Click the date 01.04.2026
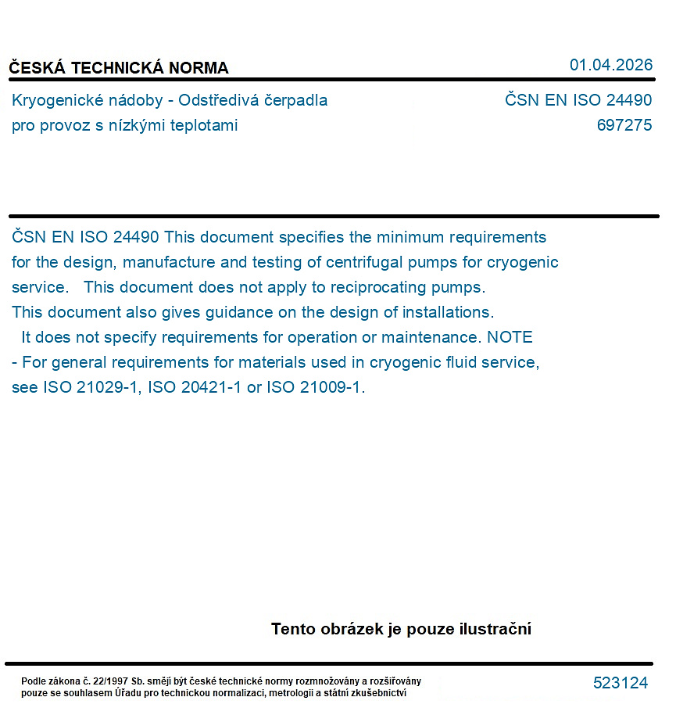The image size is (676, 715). coord(610,65)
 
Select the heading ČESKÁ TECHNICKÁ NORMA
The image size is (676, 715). coord(119,68)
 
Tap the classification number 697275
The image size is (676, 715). coord(624,125)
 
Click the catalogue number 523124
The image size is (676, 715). coord(621,683)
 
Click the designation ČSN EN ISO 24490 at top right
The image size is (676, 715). coord(578,101)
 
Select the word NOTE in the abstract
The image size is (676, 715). coord(510,337)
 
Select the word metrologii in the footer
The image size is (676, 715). coord(293,692)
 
